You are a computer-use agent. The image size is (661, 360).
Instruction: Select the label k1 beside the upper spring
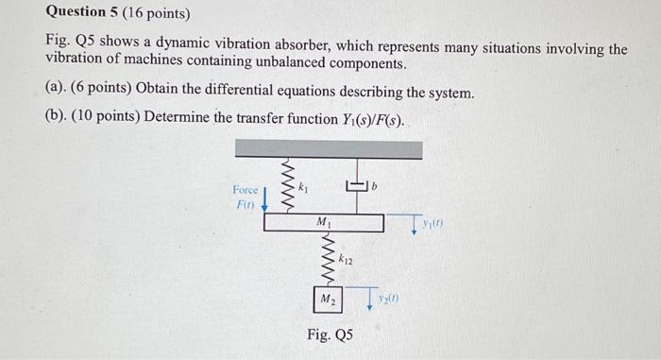[304, 188]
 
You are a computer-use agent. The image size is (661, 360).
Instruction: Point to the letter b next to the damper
[374, 189]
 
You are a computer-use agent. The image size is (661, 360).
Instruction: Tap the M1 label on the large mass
[323, 222]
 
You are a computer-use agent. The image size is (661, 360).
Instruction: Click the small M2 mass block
[327, 300]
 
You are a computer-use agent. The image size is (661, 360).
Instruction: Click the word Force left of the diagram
[247, 190]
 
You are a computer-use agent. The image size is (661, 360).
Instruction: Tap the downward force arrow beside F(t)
[265, 199]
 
